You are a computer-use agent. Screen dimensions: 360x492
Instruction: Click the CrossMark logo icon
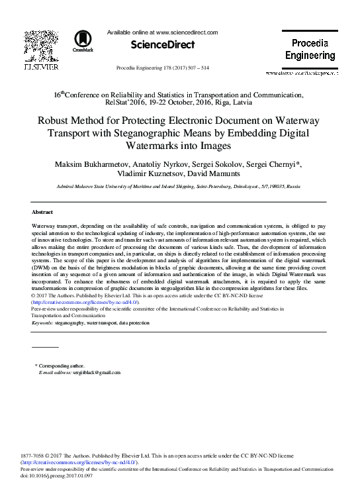83,41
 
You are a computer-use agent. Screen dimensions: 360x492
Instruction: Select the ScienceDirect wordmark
163,45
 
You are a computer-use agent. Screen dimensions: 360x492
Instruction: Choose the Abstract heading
42,212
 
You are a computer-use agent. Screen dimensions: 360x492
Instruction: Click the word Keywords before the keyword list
42,322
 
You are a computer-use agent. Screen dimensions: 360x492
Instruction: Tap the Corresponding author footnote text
62,366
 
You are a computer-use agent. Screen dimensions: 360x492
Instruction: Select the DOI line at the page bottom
56,475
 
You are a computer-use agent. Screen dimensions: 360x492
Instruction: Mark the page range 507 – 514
196,68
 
